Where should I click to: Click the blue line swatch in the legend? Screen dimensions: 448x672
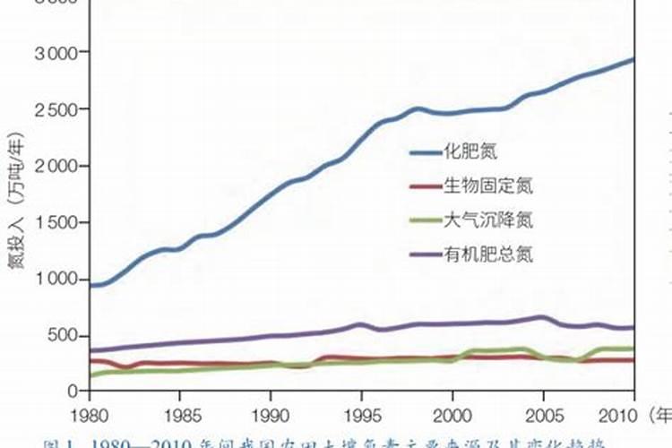[424, 152]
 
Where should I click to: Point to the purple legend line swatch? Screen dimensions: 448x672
[424, 254]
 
